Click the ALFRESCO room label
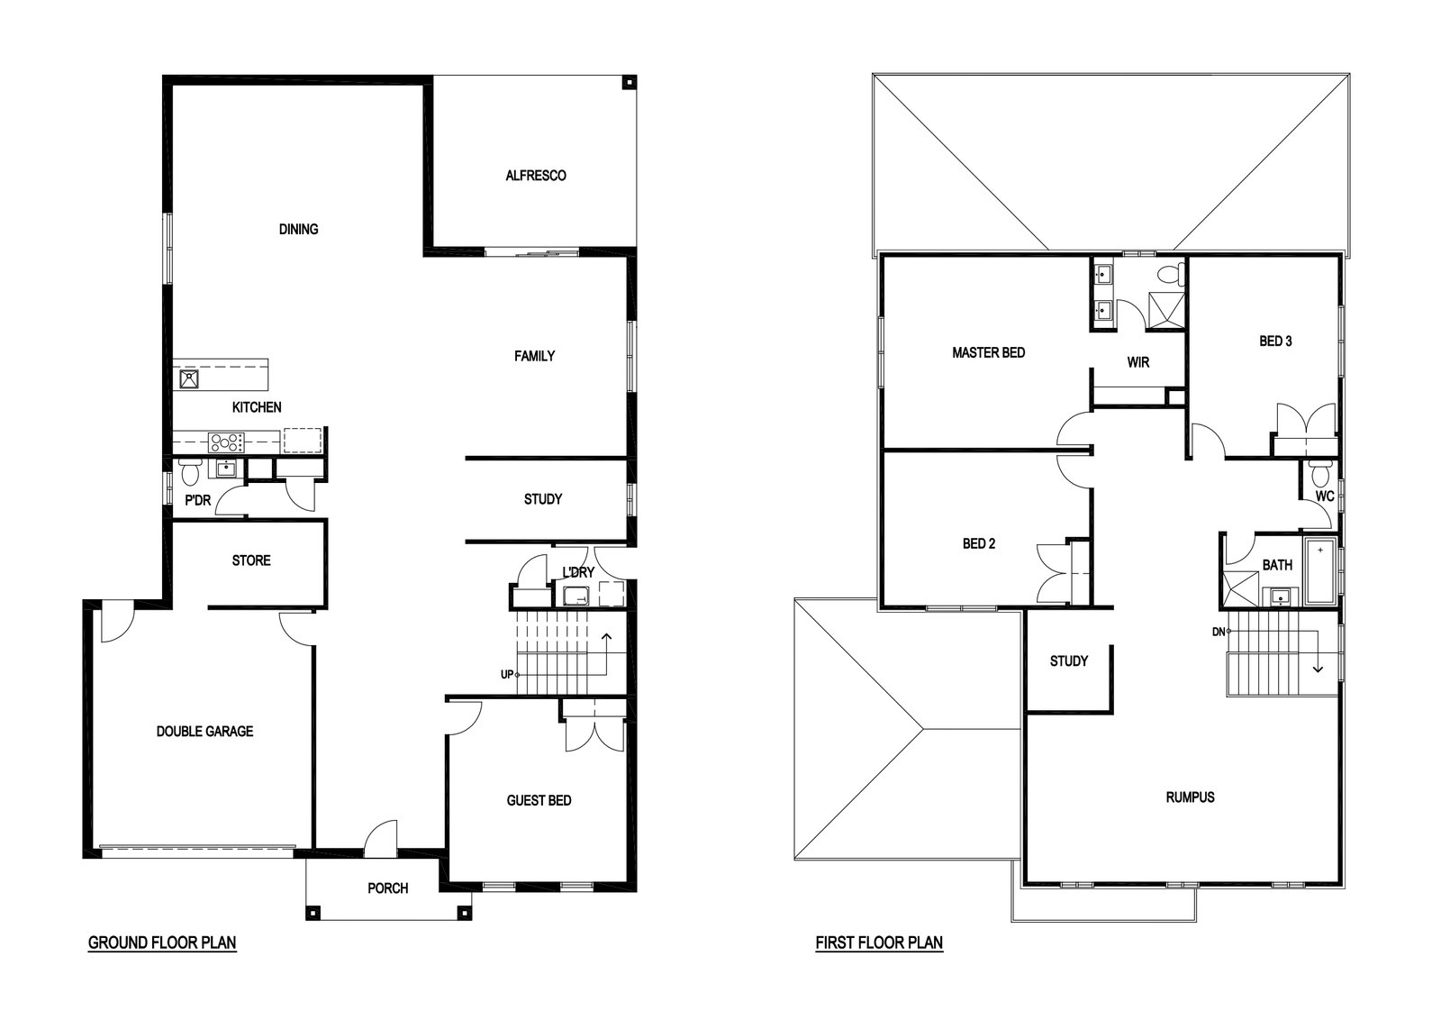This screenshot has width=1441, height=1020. [x=535, y=176]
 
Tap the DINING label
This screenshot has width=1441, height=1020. [x=298, y=229]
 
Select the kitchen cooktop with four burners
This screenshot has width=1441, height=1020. [x=226, y=442]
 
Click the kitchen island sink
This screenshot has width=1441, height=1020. [x=188, y=379]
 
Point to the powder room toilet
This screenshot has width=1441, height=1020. [x=190, y=472]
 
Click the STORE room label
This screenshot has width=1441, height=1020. [x=251, y=560]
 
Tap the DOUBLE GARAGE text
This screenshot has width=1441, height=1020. [x=204, y=731]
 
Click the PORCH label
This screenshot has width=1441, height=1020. [x=388, y=888]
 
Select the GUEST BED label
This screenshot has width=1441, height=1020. [x=539, y=800]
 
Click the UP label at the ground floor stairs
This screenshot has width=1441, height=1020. [x=507, y=674]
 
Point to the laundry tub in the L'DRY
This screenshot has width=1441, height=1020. [x=576, y=596]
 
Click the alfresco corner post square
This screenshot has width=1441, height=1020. [x=629, y=83]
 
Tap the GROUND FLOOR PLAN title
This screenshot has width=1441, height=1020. [x=162, y=943]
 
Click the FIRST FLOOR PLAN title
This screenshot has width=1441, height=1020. [x=879, y=943]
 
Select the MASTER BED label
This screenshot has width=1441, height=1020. [x=989, y=352]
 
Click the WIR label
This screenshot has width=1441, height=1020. [x=1138, y=362]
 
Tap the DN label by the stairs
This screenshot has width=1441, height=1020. [x=1219, y=632]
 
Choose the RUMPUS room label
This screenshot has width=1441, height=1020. [x=1190, y=797]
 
